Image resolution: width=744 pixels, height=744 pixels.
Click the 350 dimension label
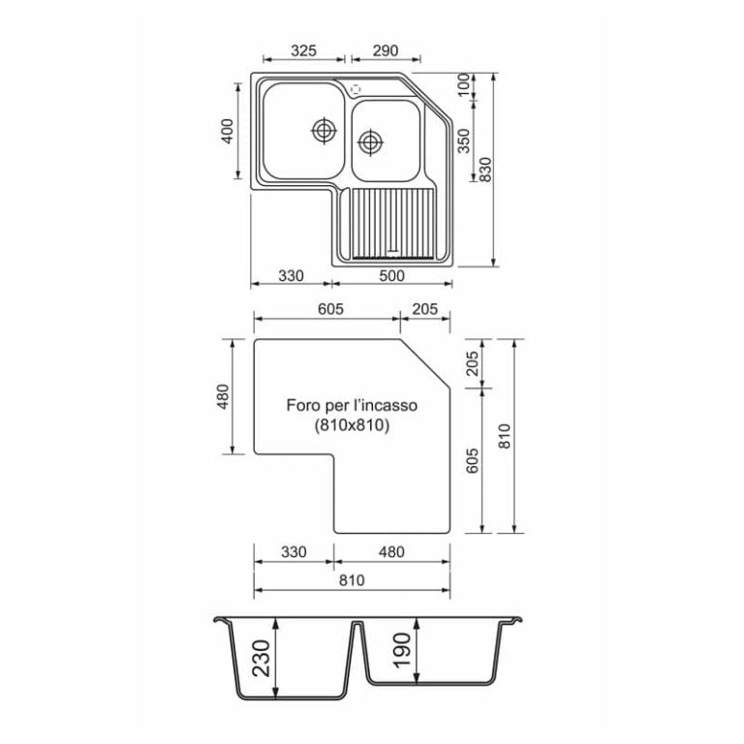pos(463,141)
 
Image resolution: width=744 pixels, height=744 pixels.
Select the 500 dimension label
pos(392,276)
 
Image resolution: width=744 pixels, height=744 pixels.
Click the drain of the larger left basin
pos(323,129)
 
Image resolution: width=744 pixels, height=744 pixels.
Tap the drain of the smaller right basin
pos(370,142)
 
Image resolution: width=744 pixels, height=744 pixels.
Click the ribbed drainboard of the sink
pos(391,222)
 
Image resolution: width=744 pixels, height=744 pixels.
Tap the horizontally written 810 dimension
pos(351,581)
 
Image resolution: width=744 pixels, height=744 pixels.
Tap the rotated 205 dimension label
pos(472,363)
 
